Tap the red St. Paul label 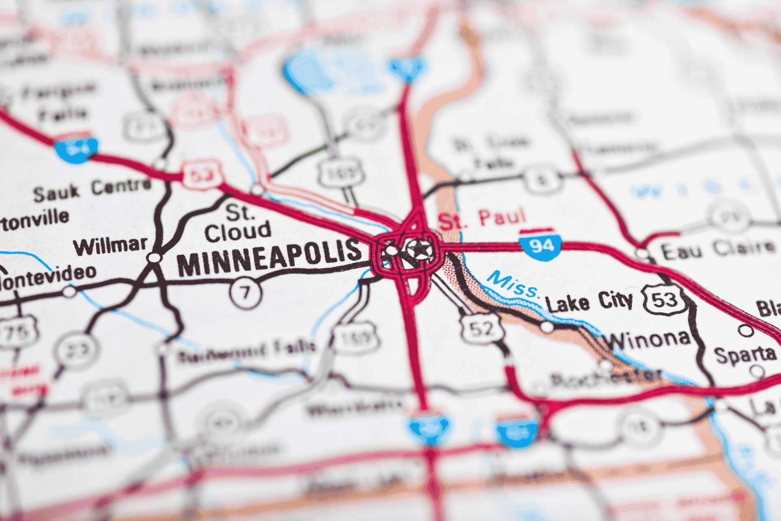click(482, 219)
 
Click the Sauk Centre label click(92, 190)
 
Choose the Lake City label click(589, 302)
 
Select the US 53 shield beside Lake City click(665, 300)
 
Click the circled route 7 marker click(245, 292)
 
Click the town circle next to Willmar click(154, 258)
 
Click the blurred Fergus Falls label click(61, 102)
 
